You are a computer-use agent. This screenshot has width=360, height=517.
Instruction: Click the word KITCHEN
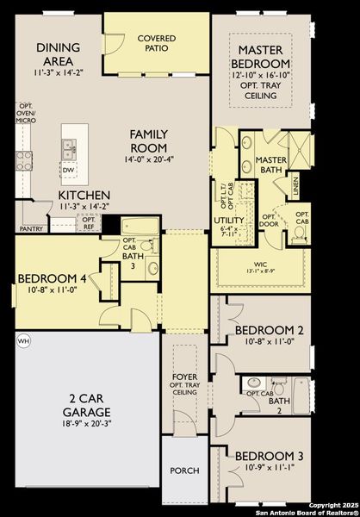pyautogui.click(x=84, y=196)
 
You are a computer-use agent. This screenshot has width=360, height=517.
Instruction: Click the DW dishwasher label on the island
pyautogui.click(x=69, y=171)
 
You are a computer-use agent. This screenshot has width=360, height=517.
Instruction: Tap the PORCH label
pyautogui.click(x=184, y=470)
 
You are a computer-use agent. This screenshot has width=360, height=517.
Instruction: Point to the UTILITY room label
pyautogui.click(x=229, y=221)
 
